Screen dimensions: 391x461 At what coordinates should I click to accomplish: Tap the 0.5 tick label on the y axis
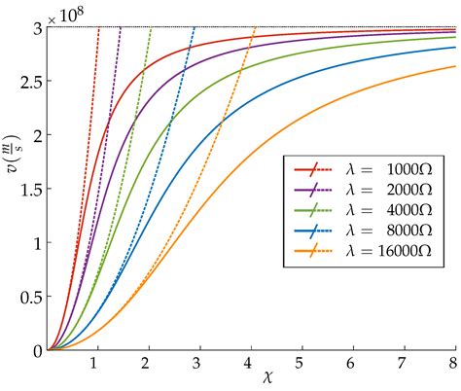(28, 297)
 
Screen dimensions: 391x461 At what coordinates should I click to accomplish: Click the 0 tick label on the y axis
(36, 350)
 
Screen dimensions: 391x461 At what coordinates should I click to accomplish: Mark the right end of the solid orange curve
(454, 66)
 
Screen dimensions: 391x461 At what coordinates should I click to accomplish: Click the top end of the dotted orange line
(255, 27)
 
